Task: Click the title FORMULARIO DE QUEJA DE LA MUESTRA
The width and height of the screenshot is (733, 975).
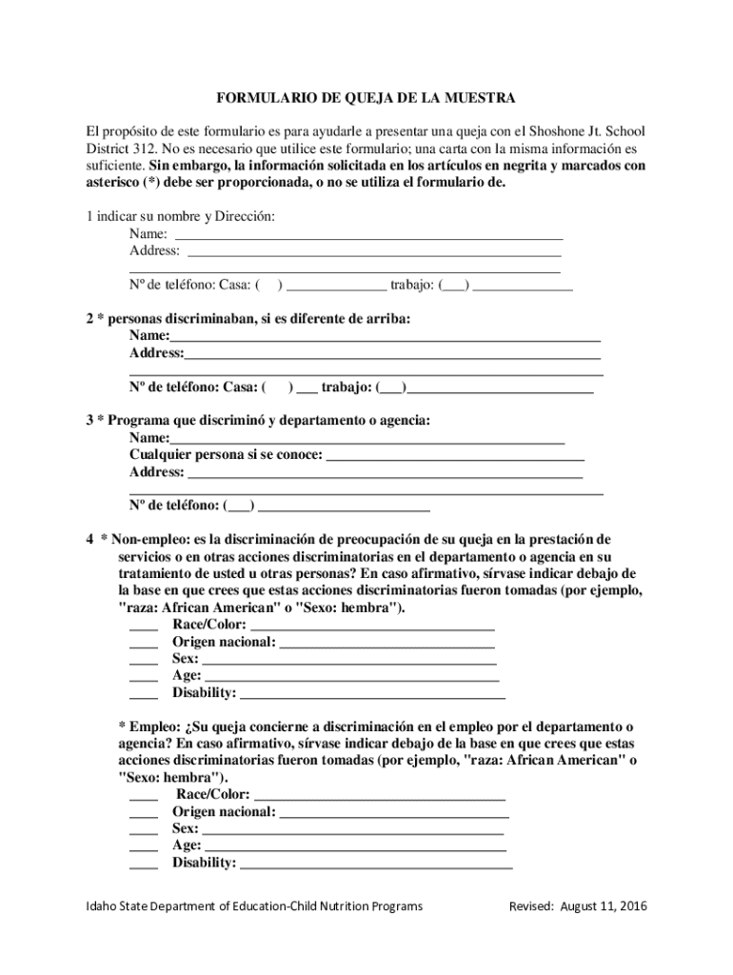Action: (x=366, y=98)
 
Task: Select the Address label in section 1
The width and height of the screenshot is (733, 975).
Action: (x=154, y=250)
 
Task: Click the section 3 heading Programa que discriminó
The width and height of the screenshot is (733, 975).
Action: (x=257, y=420)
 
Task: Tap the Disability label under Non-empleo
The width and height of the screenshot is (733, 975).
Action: (x=204, y=692)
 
